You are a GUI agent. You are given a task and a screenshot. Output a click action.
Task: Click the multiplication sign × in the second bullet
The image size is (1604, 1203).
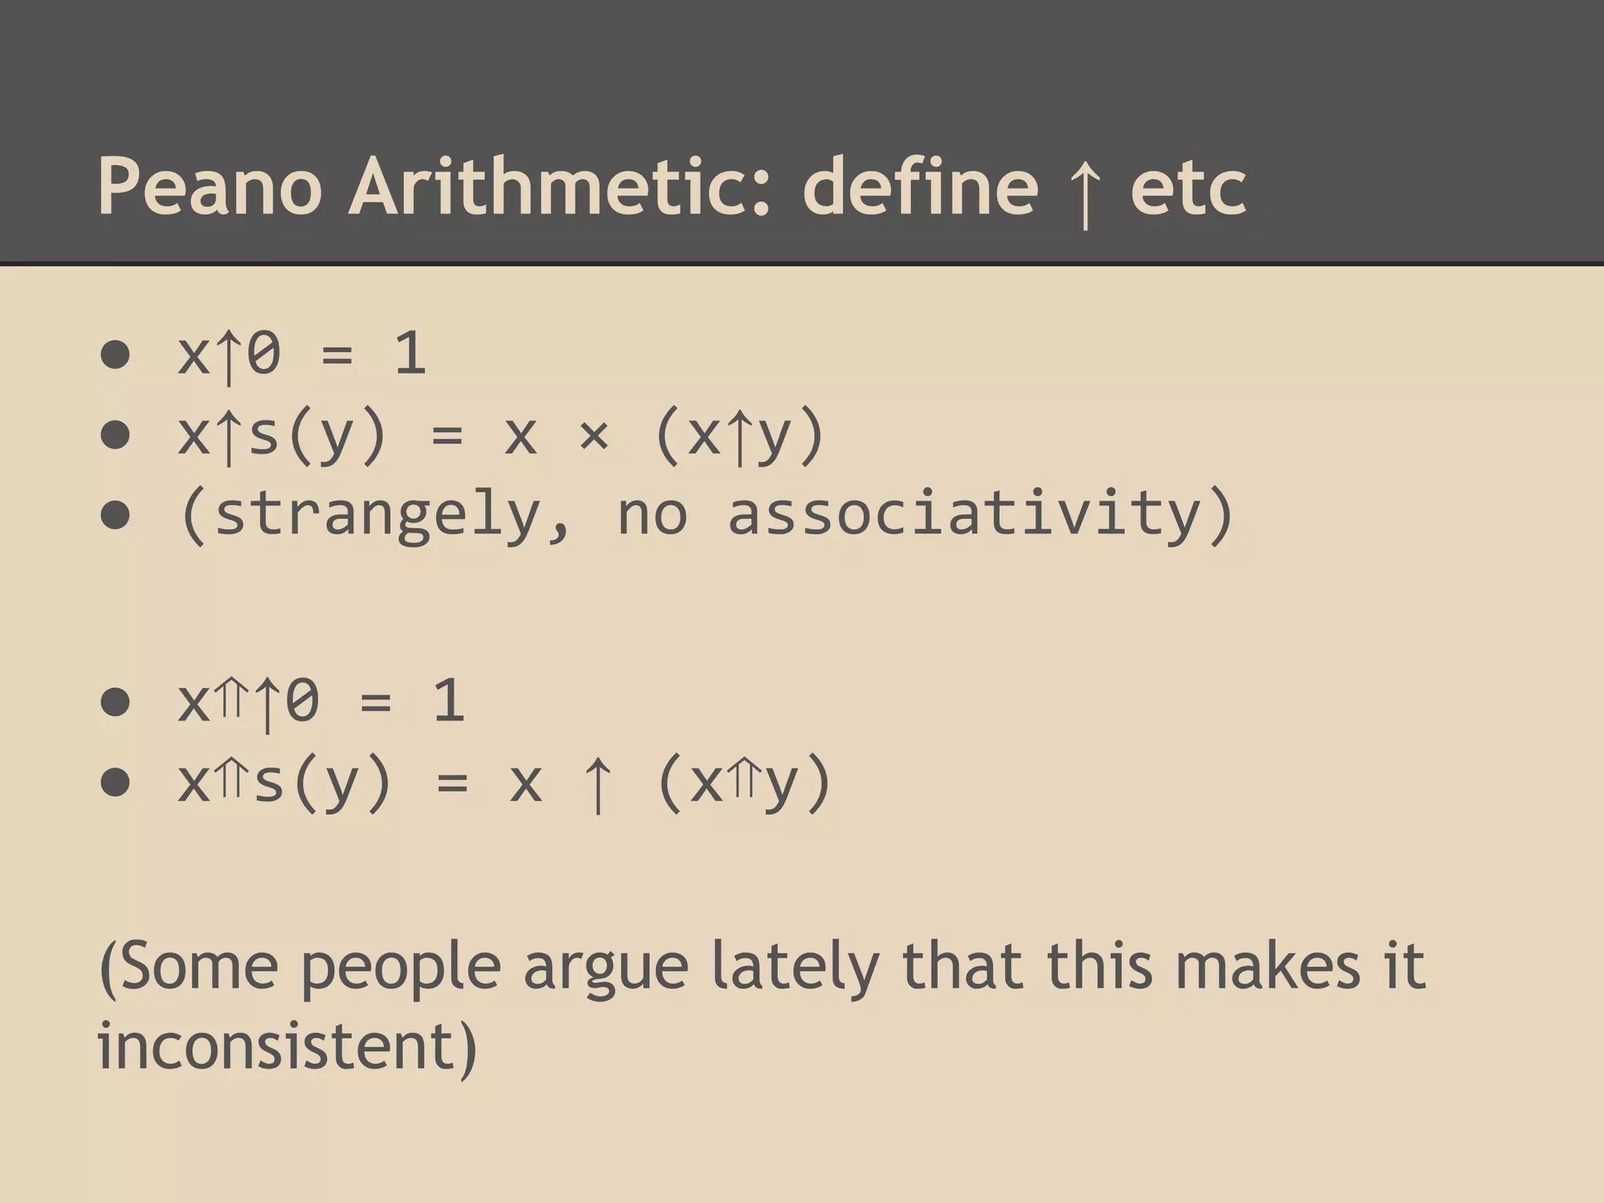(594, 435)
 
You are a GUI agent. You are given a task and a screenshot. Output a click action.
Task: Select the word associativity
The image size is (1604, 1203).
(964, 514)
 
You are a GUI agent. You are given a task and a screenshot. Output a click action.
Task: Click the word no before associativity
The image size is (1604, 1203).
(652, 515)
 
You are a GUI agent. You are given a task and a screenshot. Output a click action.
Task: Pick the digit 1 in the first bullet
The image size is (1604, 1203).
(410, 354)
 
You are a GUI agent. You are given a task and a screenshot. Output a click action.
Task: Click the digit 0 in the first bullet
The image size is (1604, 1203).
(264, 354)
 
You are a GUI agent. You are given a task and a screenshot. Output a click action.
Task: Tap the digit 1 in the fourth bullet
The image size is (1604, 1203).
(449, 700)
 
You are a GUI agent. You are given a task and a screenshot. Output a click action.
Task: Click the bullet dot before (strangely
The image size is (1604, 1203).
(115, 515)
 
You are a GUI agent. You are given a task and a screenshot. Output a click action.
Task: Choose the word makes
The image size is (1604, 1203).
(1268, 966)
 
